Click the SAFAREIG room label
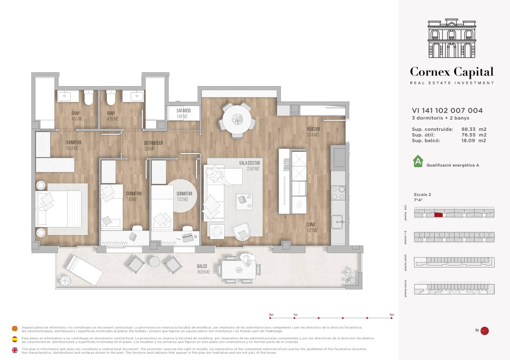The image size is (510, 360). click(x=184, y=111)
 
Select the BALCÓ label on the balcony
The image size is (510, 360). click(x=202, y=266)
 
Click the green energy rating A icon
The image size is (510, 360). click(x=418, y=161)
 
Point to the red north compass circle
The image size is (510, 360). click(x=484, y=331)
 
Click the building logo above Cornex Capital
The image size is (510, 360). click(x=452, y=38)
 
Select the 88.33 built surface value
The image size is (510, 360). click(x=468, y=129)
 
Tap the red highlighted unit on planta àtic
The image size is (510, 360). click(x=438, y=215)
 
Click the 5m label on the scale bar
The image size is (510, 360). click(x=392, y=315)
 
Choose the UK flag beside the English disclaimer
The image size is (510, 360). click(x=15, y=350)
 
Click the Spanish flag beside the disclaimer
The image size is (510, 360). click(x=15, y=339)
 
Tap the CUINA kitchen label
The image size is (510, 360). click(x=311, y=225)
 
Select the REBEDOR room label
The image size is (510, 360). click(x=313, y=129)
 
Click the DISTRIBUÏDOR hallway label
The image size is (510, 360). click(x=153, y=143)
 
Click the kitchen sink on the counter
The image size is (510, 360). click(x=338, y=222)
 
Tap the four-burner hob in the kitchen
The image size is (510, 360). click(x=338, y=193)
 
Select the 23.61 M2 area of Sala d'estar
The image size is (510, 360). click(x=253, y=169)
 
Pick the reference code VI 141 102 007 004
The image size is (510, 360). click(x=447, y=111)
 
